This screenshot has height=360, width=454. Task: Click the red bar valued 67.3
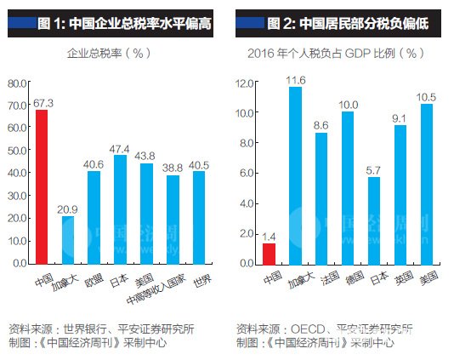click(x=41, y=187)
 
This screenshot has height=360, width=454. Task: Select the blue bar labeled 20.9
click(x=68, y=240)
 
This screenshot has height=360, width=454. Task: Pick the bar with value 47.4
click(x=120, y=209)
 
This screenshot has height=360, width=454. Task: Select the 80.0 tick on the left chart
click(x=17, y=83)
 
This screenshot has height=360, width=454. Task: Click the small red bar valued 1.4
click(x=269, y=254)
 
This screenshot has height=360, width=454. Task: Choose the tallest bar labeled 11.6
click(x=295, y=175)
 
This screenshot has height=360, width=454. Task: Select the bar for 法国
click(x=321, y=198)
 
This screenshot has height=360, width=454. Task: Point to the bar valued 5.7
click(x=373, y=220)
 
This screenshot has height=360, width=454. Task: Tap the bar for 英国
click(x=400, y=195)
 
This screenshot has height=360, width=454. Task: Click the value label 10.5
click(x=427, y=95)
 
